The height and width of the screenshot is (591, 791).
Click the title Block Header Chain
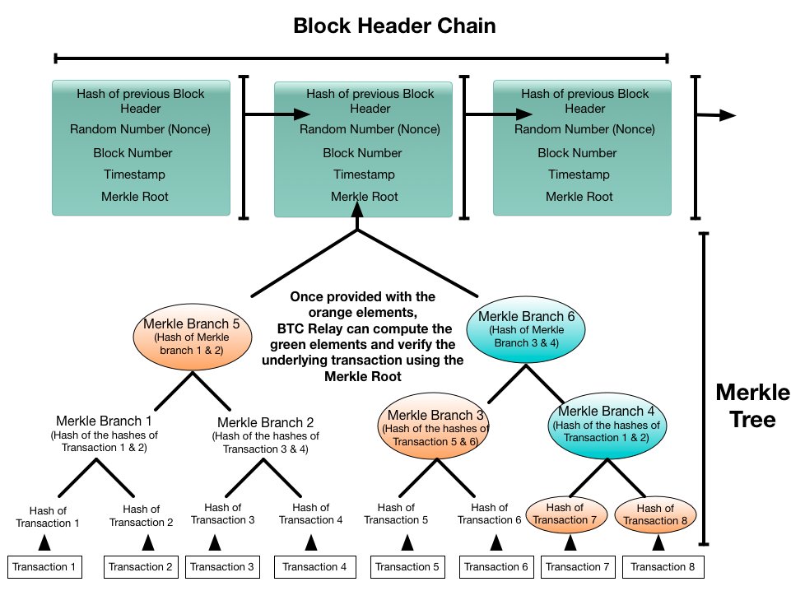coord(395,26)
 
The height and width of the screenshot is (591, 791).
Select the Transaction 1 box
coord(45,566)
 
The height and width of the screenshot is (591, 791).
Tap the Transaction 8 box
coord(663,566)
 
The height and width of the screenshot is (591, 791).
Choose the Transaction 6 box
coord(496,566)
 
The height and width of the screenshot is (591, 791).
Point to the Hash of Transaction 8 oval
coord(655,514)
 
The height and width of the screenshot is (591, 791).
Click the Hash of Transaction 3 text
coord(223,514)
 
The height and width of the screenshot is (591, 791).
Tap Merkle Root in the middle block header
coord(364,197)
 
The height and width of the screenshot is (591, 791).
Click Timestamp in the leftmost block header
coord(134,175)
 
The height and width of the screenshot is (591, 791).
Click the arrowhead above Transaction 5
coord(407,542)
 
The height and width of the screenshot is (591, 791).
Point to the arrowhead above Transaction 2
coord(148,542)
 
